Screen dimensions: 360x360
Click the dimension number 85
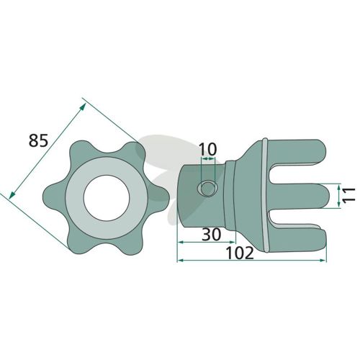pyautogui.click(x=39, y=140)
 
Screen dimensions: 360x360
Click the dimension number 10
pyautogui.click(x=208, y=150)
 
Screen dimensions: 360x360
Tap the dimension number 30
pyautogui.click(x=211, y=235)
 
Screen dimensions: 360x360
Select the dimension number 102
pyautogui.click(x=240, y=253)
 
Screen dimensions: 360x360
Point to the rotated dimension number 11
pyautogui.click(x=348, y=196)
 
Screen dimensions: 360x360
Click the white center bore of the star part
pyautogui.click(x=107, y=197)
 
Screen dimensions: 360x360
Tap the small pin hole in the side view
pyautogui.click(x=207, y=189)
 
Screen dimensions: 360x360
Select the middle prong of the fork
pyautogui.click(x=300, y=196)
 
